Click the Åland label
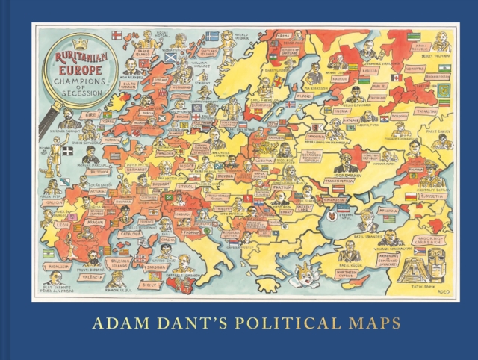point(302,96)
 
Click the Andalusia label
point(59,265)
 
